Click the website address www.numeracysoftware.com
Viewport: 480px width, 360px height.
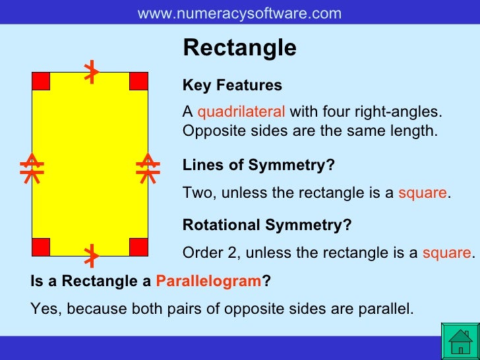coord(239,13)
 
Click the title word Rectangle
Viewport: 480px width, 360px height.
coord(239,48)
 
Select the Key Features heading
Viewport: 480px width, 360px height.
coord(232,86)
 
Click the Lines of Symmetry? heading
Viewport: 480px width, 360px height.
coord(258,165)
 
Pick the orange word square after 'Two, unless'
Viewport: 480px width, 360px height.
coord(423,193)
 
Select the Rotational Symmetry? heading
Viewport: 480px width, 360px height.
coord(267,225)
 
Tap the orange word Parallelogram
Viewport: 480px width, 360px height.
coord(209,282)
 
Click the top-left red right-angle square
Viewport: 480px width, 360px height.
coord(41,81)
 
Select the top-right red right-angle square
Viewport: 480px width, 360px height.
coord(138,81)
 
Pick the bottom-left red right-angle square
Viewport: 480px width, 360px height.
coord(41,247)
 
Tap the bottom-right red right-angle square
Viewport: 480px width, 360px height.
coord(138,247)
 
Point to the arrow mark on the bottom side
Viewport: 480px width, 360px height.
coord(92,254)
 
